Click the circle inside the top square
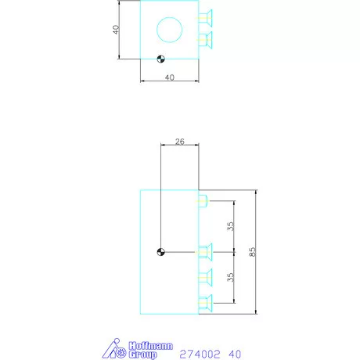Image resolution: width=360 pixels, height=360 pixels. (169, 30)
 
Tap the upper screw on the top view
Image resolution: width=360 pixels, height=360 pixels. (207, 17)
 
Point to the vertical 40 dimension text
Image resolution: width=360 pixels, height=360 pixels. (115, 30)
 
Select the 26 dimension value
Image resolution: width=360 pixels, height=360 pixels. (179, 142)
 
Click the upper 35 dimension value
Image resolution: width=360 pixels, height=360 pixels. (230, 226)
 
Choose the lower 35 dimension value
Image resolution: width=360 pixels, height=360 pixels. (230, 277)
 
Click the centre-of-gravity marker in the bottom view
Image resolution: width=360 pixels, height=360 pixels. (160, 251)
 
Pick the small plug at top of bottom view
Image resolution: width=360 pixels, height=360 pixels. (202, 201)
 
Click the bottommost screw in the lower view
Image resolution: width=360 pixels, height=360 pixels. (206, 303)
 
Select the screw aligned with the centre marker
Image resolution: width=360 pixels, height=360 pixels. (206, 251)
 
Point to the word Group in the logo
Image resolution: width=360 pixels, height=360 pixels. (142, 355)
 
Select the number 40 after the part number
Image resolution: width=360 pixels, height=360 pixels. (234, 353)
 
